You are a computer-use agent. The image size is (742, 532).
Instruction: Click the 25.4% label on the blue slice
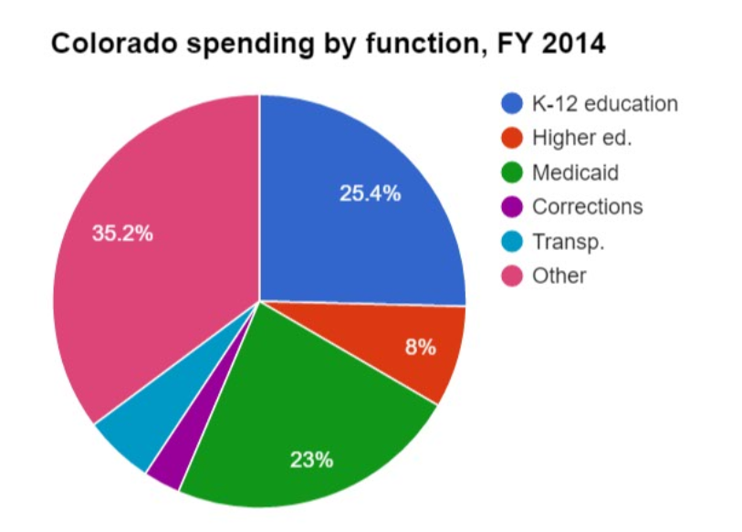pos(370,193)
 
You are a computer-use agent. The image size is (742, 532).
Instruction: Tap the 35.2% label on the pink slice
pos(122,233)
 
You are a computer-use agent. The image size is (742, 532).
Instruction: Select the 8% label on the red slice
pos(420,347)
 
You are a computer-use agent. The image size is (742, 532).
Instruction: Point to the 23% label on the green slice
pos(311,460)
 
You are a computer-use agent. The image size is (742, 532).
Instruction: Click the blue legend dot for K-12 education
pos(511,103)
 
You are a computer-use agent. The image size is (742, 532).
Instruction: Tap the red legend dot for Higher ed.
pos(511,138)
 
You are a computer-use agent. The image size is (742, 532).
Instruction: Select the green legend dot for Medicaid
pos(511,172)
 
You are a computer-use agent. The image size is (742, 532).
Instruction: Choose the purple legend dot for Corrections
pos(511,207)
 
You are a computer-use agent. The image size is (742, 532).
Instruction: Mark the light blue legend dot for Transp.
pos(511,242)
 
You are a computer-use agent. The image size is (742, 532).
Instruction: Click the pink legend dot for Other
pos(511,276)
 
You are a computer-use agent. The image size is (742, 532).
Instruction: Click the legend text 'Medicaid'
pos(575,172)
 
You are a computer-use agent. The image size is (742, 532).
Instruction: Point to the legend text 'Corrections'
pos(588,207)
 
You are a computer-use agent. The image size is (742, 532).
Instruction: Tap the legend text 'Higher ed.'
pos(582,138)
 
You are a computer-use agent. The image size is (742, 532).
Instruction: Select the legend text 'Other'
pos(559,276)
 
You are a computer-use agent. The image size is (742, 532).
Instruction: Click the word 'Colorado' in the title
pos(114,43)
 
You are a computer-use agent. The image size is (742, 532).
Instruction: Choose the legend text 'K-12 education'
pos(605,103)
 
